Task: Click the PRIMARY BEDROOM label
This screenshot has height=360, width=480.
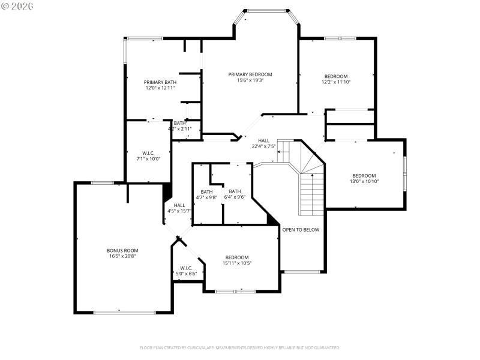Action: point(250,74)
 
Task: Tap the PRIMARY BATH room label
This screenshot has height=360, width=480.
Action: point(160,82)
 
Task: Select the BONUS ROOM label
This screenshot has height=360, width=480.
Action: point(122,250)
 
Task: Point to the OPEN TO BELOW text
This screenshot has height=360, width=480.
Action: point(301,230)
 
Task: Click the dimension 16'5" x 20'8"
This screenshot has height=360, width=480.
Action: point(122,256)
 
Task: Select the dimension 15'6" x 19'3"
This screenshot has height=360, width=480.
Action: point(250,80)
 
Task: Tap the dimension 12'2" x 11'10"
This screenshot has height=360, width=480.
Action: point(336,82)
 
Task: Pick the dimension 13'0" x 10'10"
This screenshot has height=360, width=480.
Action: point(364,181)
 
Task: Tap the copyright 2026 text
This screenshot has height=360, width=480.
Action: point(17,6)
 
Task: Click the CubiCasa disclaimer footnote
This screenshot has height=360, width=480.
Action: point(240,347)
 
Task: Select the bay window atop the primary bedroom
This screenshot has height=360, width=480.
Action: point(267,10)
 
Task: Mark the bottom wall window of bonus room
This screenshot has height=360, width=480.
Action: point(125,312)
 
